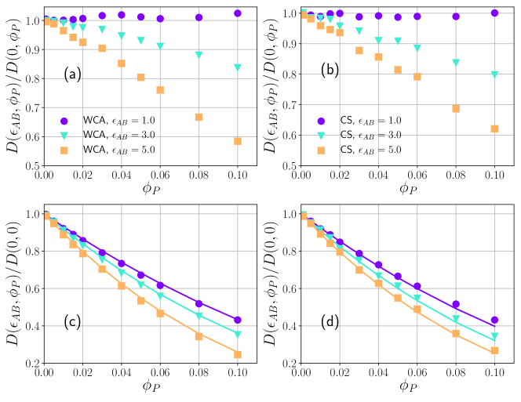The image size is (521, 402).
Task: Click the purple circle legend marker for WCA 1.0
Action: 66,121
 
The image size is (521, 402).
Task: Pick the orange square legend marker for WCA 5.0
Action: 66,149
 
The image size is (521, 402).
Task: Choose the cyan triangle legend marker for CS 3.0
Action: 321,135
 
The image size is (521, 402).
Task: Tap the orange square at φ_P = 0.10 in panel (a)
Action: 238,141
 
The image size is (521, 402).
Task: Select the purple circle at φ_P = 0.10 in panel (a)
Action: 238,13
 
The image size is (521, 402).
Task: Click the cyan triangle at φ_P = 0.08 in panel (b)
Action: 455,63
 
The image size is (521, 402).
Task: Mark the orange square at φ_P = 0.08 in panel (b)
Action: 455,108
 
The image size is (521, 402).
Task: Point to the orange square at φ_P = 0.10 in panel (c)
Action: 238,354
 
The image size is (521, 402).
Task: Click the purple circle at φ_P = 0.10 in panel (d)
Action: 494,321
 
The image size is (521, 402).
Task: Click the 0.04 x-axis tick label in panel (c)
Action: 122,375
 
